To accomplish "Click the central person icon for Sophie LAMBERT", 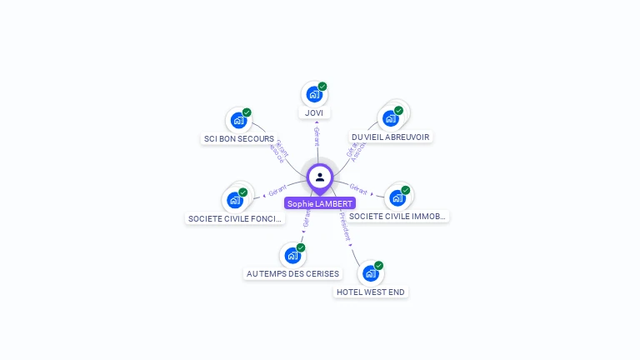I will pyautogui.click(x=320, y=177).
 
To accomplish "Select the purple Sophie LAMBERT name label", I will pyautogui.click(x=320, y=203).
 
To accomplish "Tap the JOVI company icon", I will pyautogui.click(x=313, y=94).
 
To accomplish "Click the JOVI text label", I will pyautogui.click(x=314, y=112).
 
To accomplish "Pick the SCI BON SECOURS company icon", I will pyautogui.click(x=238, y=120).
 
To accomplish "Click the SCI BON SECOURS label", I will pyautogui.click(x=239, y=139).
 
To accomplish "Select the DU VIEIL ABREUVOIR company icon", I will pyautogui.click(x=390, y=118).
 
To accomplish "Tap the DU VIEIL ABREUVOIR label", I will pyautogui.click(x=391, y=137).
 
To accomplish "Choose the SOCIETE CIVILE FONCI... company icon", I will pyautogui.click(x=235, y=200).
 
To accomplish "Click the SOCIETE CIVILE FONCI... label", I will pyautogui.click(x=236, y=218).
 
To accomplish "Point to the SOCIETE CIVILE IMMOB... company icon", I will pyautogui.click(x=397, y=197).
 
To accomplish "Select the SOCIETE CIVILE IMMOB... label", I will pyautogui.click(x=397, y=216).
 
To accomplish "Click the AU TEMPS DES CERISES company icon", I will pyautogui.click(x=292, y=255).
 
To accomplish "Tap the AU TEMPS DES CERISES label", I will pyautogui.click(x=293, y=273).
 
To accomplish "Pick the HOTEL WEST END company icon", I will pyautogui.click(x=371, y=273).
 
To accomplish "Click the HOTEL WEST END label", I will pyautogui.click(x=372, y=292).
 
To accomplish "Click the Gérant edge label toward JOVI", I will pyautogui.click(x=317, y=135).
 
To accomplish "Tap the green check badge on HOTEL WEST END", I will pyautogui.click(x=379, y=266).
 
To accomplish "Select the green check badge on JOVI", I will pyautogui.click(x=322, y=87).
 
